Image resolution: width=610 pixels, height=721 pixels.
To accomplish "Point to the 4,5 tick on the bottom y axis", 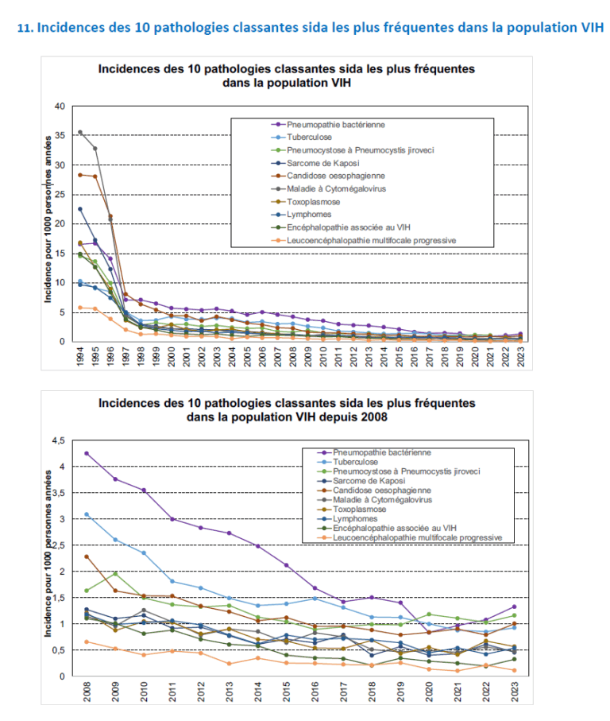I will point(57,440).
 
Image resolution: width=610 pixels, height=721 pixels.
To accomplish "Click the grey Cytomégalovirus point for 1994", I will point(80,132).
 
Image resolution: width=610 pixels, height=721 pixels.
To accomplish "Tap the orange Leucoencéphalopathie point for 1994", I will point(80,308).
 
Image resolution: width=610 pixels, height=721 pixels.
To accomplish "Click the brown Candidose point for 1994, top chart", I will point(80,175).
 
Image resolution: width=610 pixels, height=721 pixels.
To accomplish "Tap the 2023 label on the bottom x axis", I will point(515,695).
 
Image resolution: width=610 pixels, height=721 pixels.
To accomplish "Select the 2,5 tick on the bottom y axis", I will point(57,545).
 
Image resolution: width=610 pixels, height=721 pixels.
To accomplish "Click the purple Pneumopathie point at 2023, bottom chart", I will point(515,607).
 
